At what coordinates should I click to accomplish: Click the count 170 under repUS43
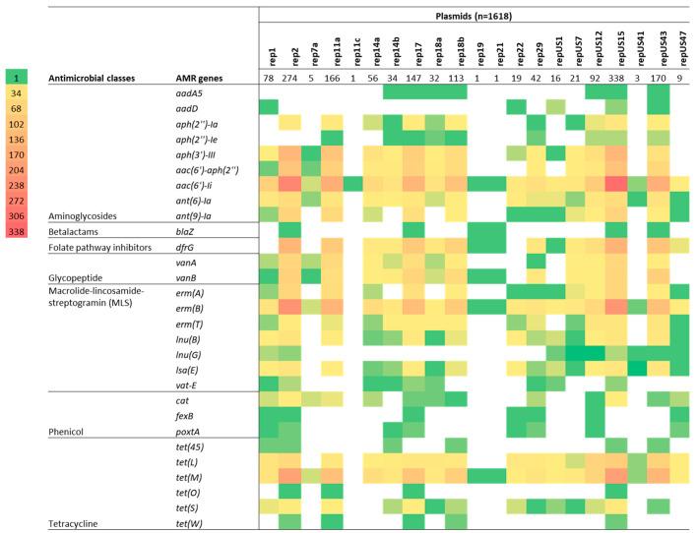pos(659,78)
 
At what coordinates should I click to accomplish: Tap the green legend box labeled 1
pos(19,77)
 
